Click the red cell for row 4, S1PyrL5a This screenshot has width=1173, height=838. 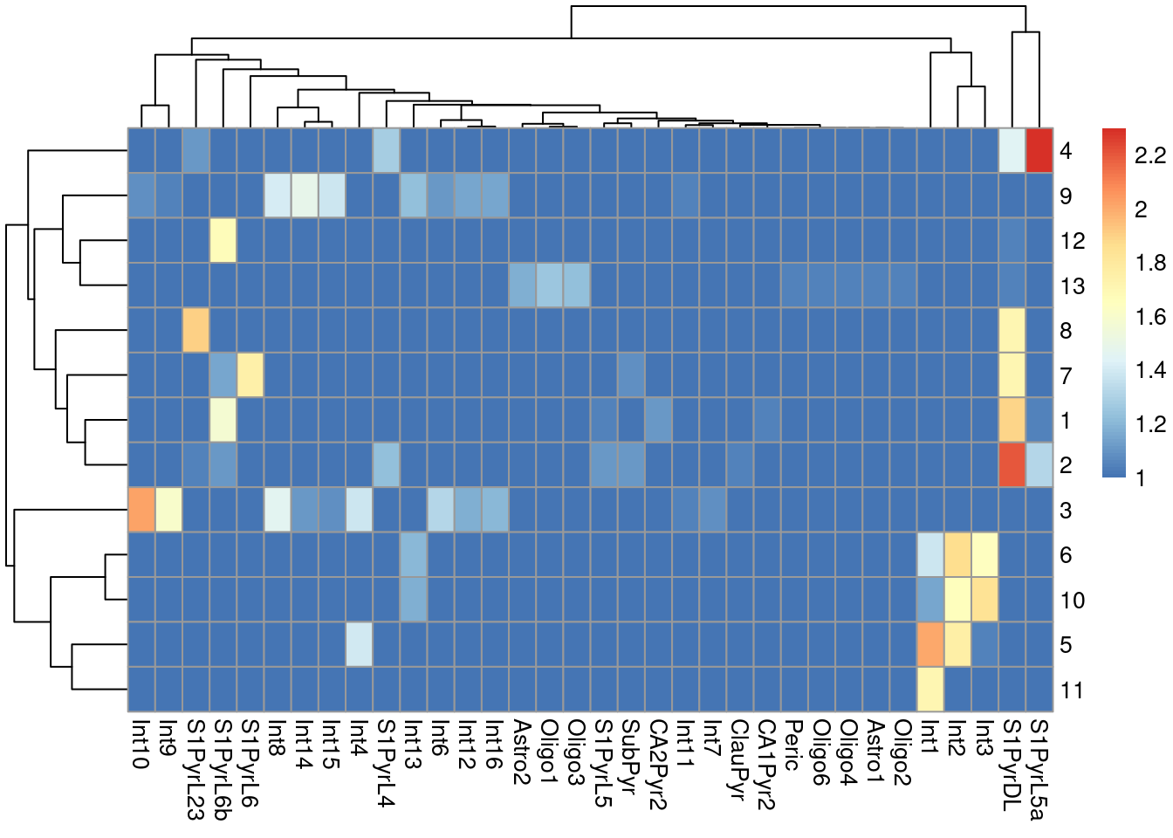(1039, 151)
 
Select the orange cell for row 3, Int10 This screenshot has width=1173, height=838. (141, 510)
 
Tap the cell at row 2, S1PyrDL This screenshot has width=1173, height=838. (1012, 465)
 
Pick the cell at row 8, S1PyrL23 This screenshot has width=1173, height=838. (195, 331)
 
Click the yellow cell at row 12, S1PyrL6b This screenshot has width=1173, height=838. (223, 241)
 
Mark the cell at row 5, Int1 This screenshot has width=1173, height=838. (931, 645)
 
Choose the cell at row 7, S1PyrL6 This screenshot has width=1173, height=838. (250, 375)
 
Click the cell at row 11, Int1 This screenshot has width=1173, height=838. (931, 690)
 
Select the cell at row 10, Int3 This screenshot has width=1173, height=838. (985, 600)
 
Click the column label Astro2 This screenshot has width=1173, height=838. (522, 752)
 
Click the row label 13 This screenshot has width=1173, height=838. (1073, 286)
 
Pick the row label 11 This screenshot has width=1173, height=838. (1072, 690)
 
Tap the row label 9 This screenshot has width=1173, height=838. (1066, 196)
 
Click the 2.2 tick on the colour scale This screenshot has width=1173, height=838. (1149, 155)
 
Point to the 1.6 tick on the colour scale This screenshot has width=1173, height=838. (1149, 317)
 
